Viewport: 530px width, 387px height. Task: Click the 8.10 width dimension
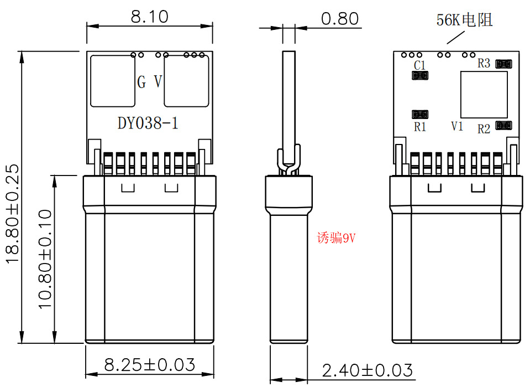pos(149,17)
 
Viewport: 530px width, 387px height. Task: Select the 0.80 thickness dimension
pos(339,19)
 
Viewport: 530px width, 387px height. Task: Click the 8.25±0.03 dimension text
pos(149,365)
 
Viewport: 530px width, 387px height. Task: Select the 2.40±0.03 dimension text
pos(367,370)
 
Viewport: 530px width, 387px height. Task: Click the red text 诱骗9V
pos(335,238)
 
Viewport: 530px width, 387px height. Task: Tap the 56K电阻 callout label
pos(464,20)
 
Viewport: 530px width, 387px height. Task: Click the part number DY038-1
pos(148,123)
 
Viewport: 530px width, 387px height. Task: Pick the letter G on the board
pos(142,82)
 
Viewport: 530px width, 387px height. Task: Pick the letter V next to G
pos(158,82)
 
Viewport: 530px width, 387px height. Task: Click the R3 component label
pos(484,64)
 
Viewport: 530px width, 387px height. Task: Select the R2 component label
pos(484,129)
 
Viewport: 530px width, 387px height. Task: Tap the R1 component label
pos(420,127)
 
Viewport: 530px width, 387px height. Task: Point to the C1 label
pos(419,65)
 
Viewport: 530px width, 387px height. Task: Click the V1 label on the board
pos(456,126)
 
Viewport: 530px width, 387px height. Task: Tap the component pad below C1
pos(420,76)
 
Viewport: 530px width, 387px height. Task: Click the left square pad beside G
pos(113,81)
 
